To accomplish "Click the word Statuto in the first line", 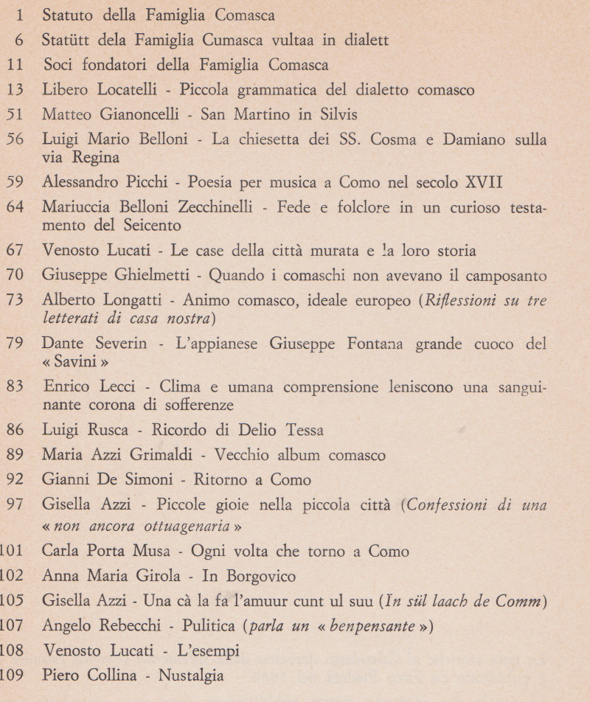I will (67, 14).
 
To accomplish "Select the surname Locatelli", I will (133, 91).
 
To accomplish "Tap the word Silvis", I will (336, 115).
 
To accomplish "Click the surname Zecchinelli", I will (206, 207).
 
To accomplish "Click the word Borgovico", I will (244, 575).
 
